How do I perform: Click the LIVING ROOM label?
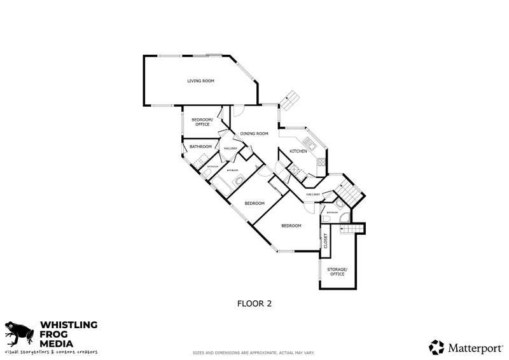tap(200, 81)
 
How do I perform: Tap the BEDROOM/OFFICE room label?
tap(200, 121)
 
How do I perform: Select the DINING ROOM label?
tap(254, 134)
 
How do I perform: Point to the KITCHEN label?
tap(298, 151)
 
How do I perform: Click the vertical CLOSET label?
tap(325, 240)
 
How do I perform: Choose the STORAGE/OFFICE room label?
tap(337, 272)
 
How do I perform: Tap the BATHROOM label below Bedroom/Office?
tap(200, 147)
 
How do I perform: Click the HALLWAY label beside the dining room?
tap(230, 149)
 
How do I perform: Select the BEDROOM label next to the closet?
tap(291, 225)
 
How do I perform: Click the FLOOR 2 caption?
tap(254, 303)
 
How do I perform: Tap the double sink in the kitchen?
tap(310, 142)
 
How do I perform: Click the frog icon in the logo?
tap(19, 333)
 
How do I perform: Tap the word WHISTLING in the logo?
tap(69, 324)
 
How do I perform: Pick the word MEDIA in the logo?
tap(57, 343)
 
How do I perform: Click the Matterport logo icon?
tap(436, 347)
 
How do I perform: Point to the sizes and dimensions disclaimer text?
tap(254, 352)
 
